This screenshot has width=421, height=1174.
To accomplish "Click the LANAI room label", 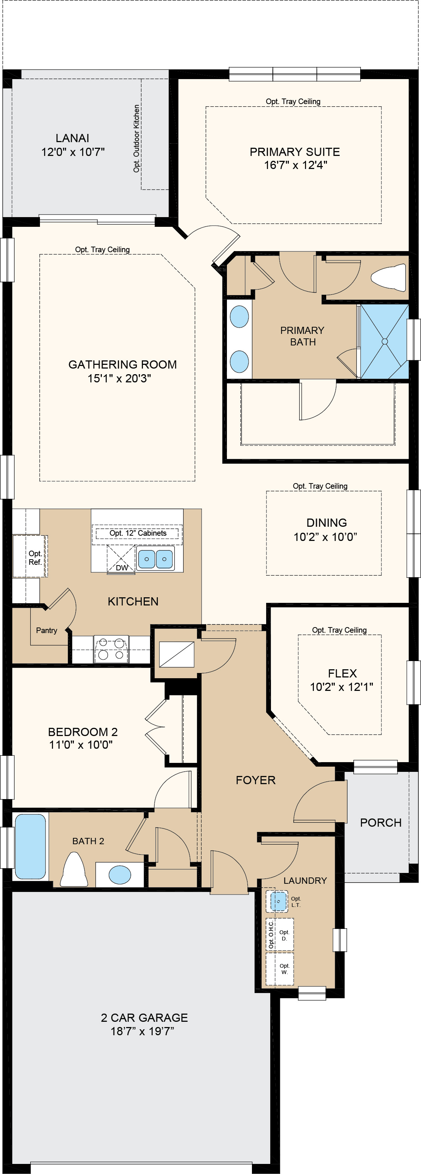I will [72, 138].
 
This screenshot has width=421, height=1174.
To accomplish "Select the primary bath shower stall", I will [384, 341].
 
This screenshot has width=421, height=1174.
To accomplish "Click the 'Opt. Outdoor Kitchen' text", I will [136, 138].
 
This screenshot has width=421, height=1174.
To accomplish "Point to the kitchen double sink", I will [155, 558].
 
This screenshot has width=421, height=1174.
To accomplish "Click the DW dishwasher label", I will [122, 568].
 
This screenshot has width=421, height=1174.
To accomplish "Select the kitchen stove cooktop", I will [111, 649].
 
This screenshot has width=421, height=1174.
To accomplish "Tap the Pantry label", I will [47, 630].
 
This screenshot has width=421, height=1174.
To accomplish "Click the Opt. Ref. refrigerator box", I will [35, 558].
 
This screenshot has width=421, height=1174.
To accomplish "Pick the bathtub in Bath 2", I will [31, 846].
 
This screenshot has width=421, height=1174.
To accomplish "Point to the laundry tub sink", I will [278, 901].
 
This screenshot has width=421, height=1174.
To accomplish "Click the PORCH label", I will [380, 823].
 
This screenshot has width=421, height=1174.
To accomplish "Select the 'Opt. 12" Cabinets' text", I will [138, 533].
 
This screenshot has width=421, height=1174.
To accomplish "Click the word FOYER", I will [255, 780].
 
